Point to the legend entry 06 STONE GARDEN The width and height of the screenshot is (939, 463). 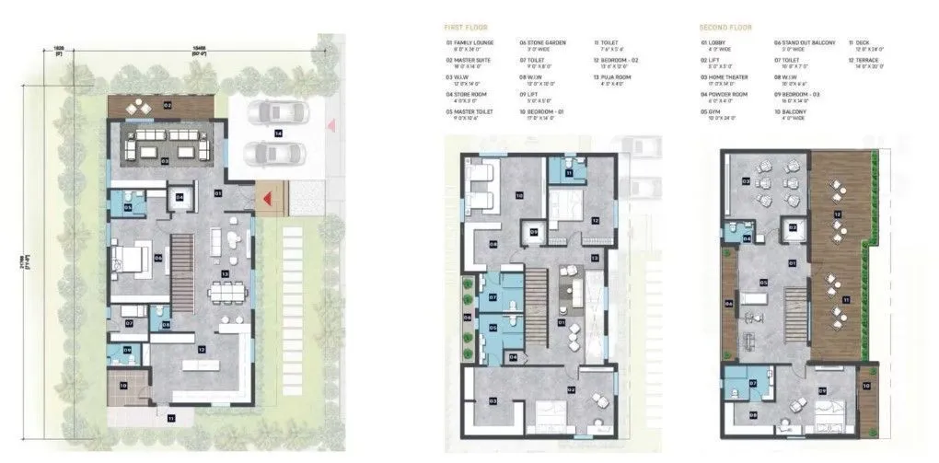click(x=542, y=43)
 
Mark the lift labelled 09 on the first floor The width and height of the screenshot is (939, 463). click(x=534, y=232)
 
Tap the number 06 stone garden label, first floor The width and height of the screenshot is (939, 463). click(x=467, y=318)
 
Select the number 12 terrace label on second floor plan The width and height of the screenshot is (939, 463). click(x=837, y=214)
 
